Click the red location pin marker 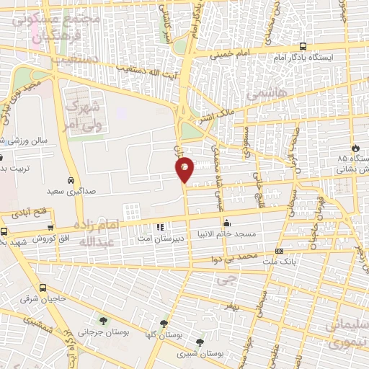click(x=184, y=169)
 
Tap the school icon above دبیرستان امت click(x=160, y=226)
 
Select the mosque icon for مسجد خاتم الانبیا click(x=226, y=223)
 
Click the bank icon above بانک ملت click(x=280, y=251)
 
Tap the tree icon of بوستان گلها click(x=164, y=324)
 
